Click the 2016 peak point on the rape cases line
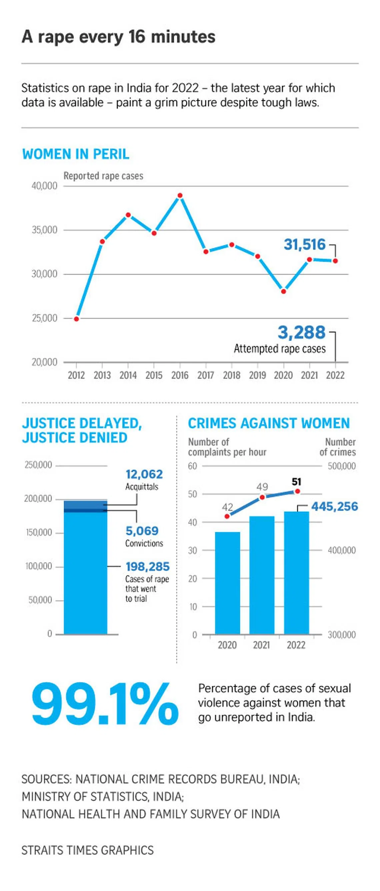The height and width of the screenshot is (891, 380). [180, 195]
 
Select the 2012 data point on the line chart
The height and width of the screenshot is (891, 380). [77, 319]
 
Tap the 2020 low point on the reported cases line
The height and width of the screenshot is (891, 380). [283, 291]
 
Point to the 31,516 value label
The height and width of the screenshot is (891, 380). [304, 244]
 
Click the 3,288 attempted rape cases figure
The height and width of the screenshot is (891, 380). [301, 332]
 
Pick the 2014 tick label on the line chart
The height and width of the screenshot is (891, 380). [128, 375]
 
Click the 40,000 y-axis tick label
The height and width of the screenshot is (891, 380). [44, 186]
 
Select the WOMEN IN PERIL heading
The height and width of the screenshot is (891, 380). [76, 154]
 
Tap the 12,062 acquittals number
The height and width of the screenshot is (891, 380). [144, 474]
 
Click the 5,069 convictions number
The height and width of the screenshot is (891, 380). [142, 531]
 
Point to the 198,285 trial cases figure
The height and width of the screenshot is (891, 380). [147, 567]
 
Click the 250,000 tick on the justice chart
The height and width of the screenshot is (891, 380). [38, 465]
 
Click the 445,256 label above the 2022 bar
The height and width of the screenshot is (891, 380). [334, 506]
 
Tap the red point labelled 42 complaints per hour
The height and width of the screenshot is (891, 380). [227, 516]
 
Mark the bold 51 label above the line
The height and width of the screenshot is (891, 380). [296, 481]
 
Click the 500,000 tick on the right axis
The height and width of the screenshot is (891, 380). [342, 466]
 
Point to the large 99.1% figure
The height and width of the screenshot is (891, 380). [105, 704]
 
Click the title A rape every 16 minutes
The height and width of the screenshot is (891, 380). [118, 37]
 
